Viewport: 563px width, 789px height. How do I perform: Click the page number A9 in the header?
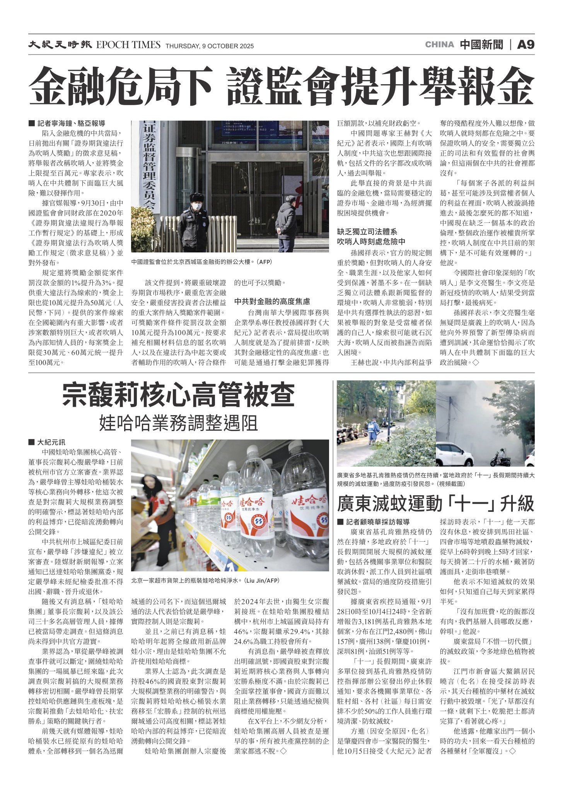click(525, 45)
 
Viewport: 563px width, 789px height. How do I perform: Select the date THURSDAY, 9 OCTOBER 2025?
click(210, 46)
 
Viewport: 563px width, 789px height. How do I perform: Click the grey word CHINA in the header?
click(439, 45)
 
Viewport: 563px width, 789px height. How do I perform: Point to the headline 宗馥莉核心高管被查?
click(178, 395)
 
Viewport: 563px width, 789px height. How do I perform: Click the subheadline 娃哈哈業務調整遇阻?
click(178, 423)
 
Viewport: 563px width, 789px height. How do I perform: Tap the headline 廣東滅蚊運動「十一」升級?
click(435, 503)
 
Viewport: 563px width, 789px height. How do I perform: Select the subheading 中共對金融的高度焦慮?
click(272, 302)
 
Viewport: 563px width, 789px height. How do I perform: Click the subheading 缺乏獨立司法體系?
click(367, 232)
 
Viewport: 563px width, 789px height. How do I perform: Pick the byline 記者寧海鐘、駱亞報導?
click(71, 124)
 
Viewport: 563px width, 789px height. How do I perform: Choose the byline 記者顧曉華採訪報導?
click(377, 522)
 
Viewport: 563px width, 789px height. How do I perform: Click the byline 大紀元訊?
click(51, 442)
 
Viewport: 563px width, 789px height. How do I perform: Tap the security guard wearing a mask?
click(193, 223)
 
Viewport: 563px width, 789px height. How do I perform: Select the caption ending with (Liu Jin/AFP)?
click(205, 581)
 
